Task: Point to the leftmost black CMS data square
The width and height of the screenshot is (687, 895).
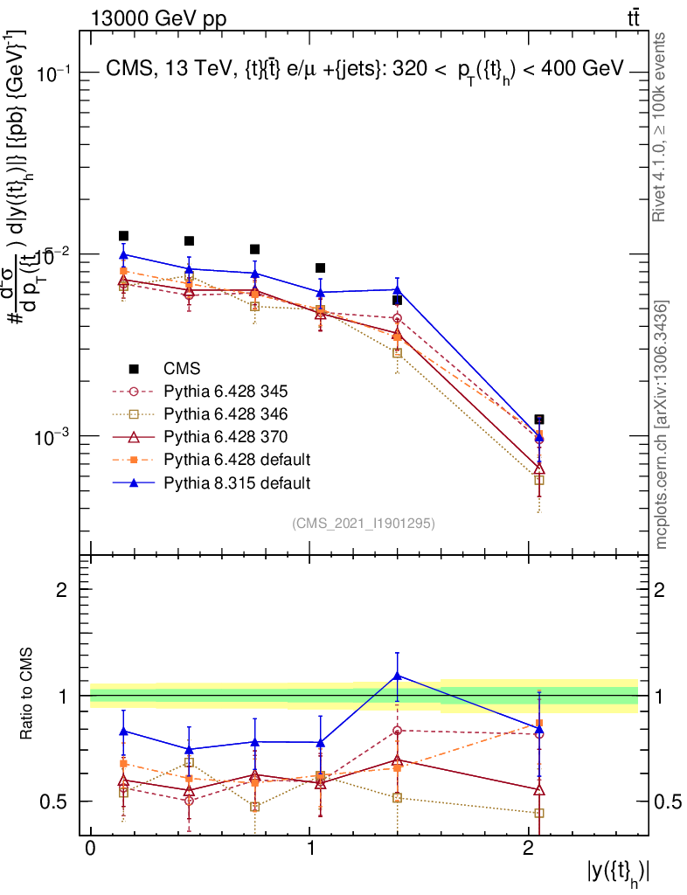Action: [x=124, y=236]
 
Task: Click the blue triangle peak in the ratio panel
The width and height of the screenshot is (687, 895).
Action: [x=398, y=675]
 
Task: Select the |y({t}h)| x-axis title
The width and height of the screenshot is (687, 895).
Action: [x=618, y=872]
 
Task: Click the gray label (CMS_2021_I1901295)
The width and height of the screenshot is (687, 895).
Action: [x=364, y=523]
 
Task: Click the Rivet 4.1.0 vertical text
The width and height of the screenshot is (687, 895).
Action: [x=663, y=127]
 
